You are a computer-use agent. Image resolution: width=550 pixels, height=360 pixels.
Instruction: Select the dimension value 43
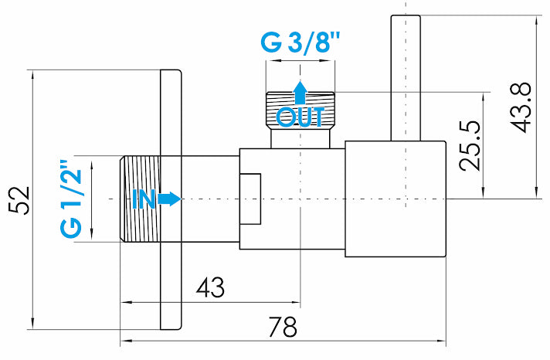coord(210,288)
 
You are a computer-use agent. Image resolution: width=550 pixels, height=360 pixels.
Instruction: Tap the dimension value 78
coord(283,327)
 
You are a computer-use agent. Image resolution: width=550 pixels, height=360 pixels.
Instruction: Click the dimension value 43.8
coord(522,107)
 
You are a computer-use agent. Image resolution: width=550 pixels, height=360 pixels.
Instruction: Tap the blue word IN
coord(144,199)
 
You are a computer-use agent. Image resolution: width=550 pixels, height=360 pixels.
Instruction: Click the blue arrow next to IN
coord(170,199)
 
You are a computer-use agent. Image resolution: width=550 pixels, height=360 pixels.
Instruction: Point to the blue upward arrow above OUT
coord(300,93)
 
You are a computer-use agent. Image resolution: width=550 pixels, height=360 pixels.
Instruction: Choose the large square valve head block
coord(395,199)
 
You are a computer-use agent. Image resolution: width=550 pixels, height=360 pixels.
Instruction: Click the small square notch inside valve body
coord(250,199)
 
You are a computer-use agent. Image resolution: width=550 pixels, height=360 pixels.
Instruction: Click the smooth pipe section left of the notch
coord(209,199)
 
